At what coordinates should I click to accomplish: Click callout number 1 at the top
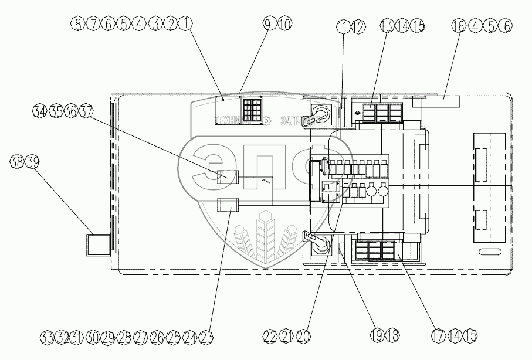click(x=186, y=25)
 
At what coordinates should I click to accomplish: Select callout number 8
click(x=76, y=25)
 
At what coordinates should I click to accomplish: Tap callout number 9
click(x=269, y=25)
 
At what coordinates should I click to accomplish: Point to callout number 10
click(x=284, y=25)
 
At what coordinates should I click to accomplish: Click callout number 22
click(x=270, y=336)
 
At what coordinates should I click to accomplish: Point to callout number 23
click(x=205, y=337)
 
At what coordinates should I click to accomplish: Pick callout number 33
click(x=48, y=337)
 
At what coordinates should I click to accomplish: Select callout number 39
click(x=32, y=162)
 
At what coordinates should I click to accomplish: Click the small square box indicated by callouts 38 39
click(x=98, y=244)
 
